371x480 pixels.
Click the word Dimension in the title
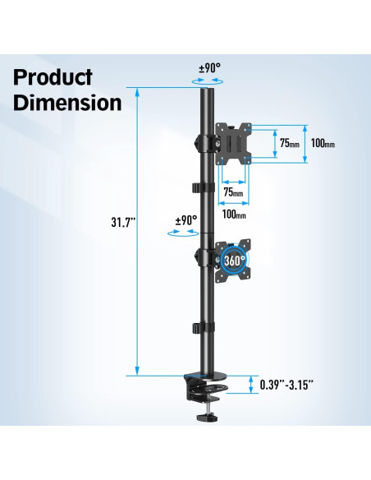click(67, 104)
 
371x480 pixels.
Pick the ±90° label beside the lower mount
click(186, 220)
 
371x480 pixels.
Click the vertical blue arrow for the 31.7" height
click(136, 230)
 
